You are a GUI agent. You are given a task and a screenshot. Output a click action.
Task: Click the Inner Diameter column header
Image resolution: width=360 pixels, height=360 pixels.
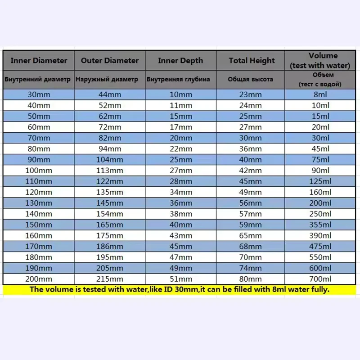(x=39, y=60)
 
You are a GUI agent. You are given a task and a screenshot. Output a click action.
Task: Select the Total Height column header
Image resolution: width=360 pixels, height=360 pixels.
(x=252, y=60)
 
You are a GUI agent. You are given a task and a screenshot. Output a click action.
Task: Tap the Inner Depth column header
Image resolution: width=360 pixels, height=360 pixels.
(x=180, y=60)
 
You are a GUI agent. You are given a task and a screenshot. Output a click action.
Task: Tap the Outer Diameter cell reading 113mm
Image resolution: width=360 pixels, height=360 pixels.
(x=110, y=171)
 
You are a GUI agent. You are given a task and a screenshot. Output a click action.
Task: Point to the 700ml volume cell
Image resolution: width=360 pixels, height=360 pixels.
(x=320, y=279)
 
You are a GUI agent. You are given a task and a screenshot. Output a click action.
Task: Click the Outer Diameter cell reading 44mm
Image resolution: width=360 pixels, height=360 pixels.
(x=110, y=94)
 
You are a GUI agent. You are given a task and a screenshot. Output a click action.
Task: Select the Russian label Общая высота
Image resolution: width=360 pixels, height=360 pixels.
(x=250, y=79)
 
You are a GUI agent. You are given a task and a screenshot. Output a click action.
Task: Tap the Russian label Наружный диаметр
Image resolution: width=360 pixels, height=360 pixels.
(x=107, y=79)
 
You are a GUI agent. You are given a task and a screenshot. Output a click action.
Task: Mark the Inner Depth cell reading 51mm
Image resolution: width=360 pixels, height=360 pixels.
(x=180, y=279)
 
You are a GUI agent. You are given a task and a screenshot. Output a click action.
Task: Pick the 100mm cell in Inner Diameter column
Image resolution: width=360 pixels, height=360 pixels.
(x=38, y=171)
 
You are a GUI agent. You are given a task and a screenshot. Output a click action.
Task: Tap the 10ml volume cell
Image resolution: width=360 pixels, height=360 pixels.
(x=320, y=105)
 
